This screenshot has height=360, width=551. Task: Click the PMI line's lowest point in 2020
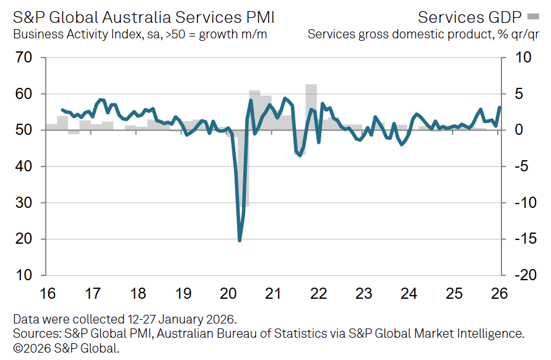click(240, 240)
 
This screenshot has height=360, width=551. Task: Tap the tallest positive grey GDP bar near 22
click(311, 105)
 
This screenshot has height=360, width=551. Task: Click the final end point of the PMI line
click(500, 108)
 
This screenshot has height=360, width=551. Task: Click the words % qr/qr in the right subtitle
click(517, 33)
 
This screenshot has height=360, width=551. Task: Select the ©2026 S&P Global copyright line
click(66, 348)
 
